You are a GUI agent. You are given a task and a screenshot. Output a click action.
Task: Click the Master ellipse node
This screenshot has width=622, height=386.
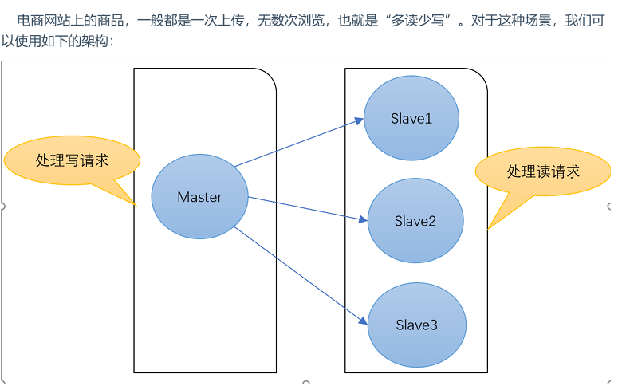(x=199, y=197)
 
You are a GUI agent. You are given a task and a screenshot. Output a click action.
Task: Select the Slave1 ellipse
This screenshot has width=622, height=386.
(x=411, y=119)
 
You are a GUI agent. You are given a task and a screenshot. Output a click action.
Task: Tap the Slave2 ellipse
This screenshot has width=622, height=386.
(x=415, y=221)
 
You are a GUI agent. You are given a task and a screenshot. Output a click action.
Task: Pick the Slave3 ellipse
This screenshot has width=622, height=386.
(x=416, y=325)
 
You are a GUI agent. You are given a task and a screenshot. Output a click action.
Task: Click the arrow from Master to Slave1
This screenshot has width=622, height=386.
(x=299, y=143)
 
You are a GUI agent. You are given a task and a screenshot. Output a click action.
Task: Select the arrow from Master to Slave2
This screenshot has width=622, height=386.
(x=307, y=207)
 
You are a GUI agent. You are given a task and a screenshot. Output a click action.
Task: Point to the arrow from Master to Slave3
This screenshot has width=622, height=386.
(x=303, y=275)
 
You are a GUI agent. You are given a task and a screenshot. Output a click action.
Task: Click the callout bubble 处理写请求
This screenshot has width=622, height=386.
(x=72, y=160)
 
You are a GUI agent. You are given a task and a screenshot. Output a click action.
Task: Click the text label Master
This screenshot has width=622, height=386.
(x=199, y=197)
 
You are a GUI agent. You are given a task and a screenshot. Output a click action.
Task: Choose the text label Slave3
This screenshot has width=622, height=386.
(x=416, y=325)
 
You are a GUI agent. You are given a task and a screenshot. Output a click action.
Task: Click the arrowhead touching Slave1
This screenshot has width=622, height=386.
(x=360, y=120)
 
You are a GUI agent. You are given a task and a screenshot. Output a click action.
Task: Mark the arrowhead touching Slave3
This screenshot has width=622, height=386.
(x=364, y=321)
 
